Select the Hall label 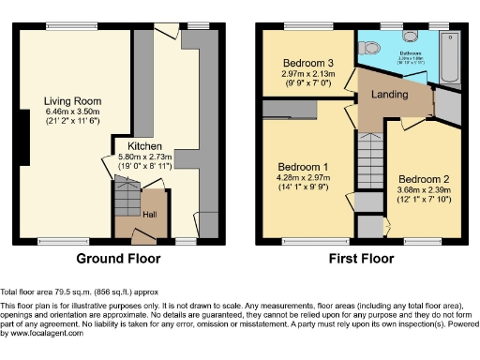point(150,214)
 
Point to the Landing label point(388,95)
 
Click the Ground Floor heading point(117,259)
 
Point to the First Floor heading point(361,259)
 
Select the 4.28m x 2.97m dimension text point(299,176)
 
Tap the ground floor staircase point(126,198)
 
